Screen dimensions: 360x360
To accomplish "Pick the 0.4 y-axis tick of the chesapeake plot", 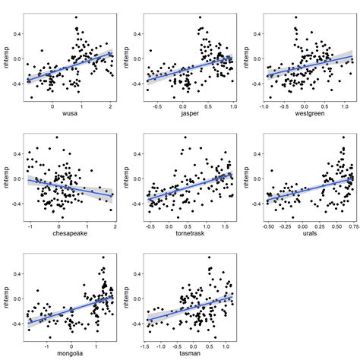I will [18, 153].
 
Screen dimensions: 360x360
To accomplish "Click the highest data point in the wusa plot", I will [76, 17].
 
